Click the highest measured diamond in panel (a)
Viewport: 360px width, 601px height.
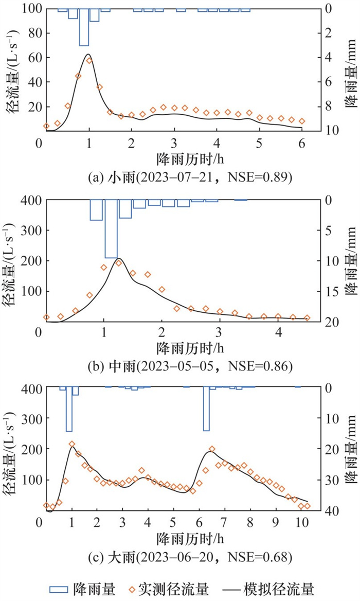[x=89, y=61]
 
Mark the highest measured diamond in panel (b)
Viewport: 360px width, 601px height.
[x=118, y=263]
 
